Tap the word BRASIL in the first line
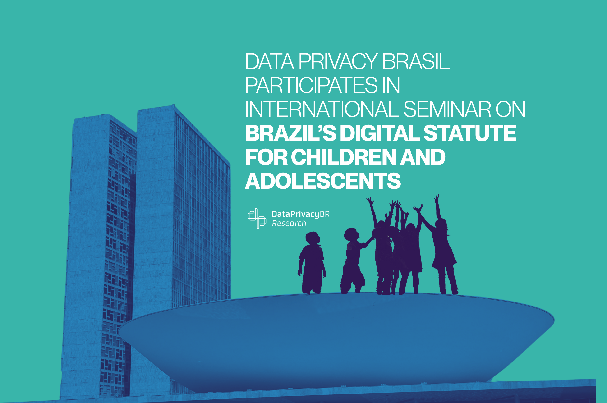tap(416, 61)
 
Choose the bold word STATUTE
tap(469, 133)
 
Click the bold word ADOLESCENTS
tap(323, 181)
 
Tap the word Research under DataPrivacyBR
tap(289, 223)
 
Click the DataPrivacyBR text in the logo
tap(300, 214)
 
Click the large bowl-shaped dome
tap(334, 342)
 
